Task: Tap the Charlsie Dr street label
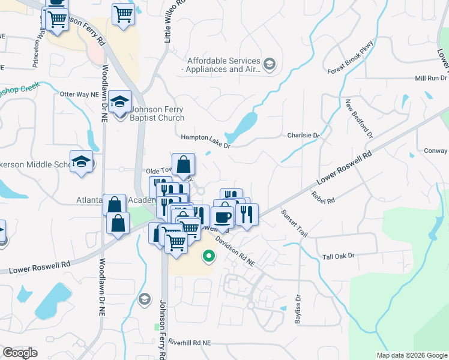pos(303,136)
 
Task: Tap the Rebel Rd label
pos(323,197)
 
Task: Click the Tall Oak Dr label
pos(339,256)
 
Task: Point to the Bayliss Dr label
pos(298,309)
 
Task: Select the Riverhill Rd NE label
pos(190,342)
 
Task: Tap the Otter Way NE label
pos(79,95)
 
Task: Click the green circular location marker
pos(209,256)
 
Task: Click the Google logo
pos(20,353)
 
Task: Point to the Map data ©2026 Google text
pos(411,355)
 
